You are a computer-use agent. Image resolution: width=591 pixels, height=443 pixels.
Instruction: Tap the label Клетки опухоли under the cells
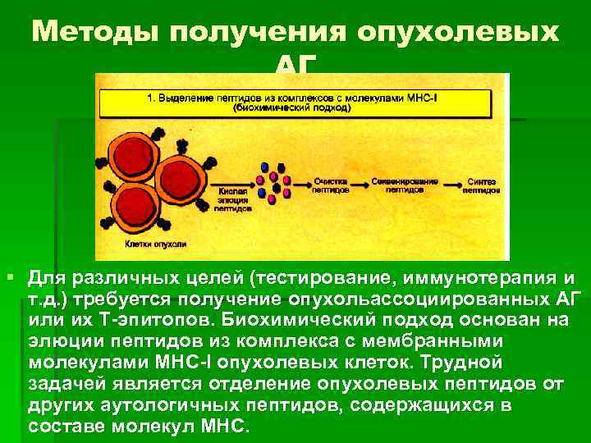point(156,244)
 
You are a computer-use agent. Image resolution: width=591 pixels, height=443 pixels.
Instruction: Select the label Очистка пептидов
point(331,184)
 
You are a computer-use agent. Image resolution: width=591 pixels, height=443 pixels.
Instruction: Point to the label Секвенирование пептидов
point(405,184)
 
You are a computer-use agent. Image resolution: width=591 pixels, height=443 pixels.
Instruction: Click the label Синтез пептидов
point(480,184)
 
